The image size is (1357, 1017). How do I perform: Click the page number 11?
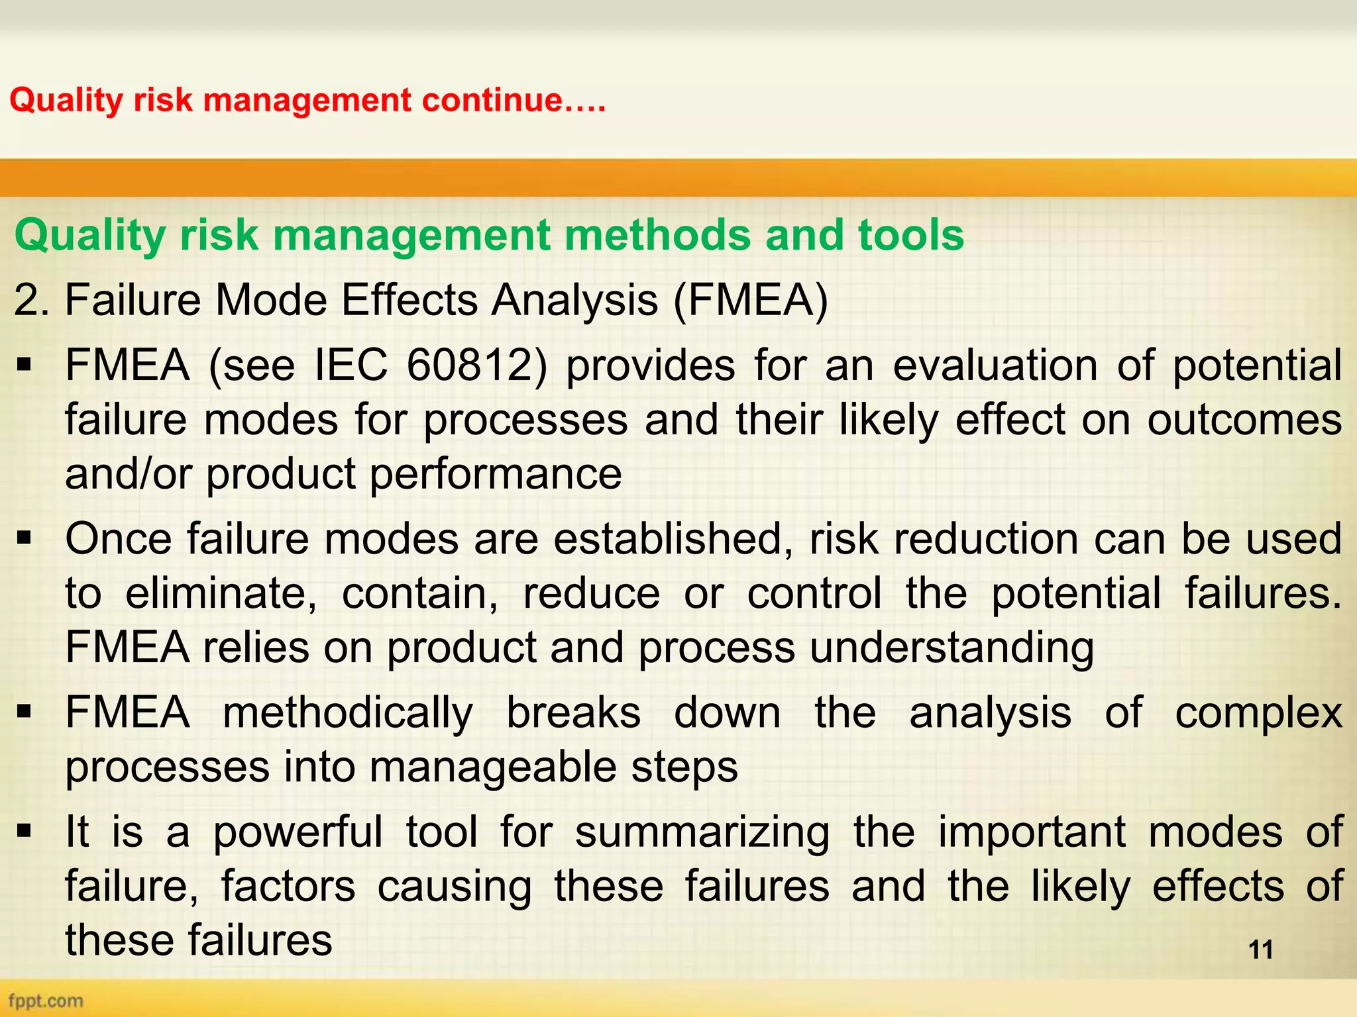pyautogui.click(x=1260, y=949)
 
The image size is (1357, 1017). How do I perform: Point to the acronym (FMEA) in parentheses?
pyautogui.click(x=750, y=300)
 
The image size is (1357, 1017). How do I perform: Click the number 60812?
pyautogui.click(x=476, y=365)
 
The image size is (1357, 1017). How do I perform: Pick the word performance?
pyautogui.click(x=496, y=474)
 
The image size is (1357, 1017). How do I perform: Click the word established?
pyautogui.click(x=673, y=538)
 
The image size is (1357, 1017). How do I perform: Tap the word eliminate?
pyautogui.click(x=221, y=593)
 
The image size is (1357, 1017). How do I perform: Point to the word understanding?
pyautogui.click(x=951, y=647)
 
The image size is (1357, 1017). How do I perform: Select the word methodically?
pyautogui.click(x=348, y=713)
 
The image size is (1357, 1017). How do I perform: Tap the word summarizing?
pyautogui.click(x=702, y=832)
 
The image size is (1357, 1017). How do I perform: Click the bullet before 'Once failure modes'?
pyautogui.click(x=25, y=538)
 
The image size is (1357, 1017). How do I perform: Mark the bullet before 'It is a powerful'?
pyautogui.click(x=25, y=831)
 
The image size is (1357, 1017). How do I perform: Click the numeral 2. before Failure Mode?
pyautogui.click(x=31, y=300)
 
